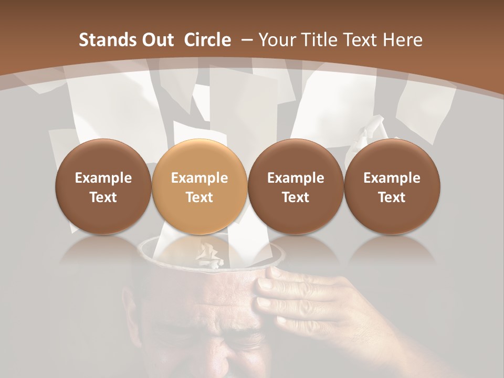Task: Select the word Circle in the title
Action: click(207, 40)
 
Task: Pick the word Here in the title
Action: click(402, 40)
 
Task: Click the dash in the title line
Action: click(247, 40)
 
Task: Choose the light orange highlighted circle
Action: click(199, 186)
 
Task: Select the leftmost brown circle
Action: click(103, 186)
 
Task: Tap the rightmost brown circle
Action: click(392, 186)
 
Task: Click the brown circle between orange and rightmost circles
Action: click(296, 186)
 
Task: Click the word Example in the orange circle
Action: click(199, 178)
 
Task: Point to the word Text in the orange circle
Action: click(199, 197)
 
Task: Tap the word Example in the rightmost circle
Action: click(392, 178)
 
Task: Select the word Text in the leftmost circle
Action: click(103, 197)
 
